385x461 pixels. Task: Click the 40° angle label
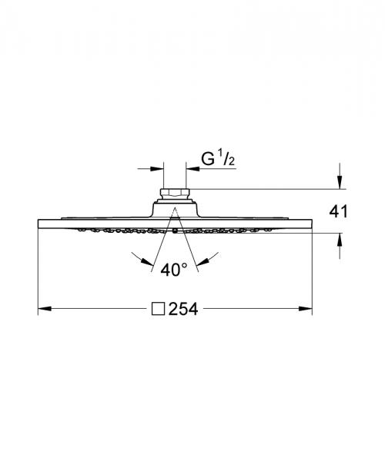175,270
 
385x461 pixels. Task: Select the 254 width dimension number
184,310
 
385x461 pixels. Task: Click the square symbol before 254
159,310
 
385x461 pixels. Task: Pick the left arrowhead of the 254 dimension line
43,310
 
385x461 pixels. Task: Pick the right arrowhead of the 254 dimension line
307,310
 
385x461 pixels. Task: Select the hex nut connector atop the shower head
174,193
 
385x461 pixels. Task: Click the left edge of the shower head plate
38,224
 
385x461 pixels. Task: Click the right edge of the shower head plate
311,224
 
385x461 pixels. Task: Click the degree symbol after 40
185,265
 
